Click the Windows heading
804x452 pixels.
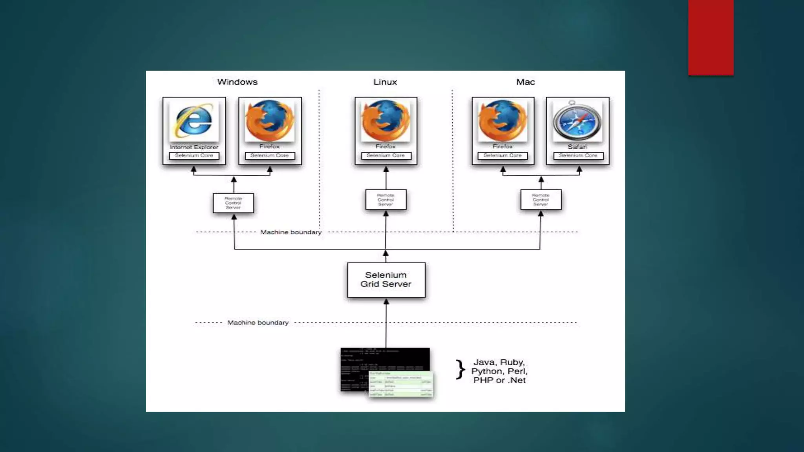tap(237, 82)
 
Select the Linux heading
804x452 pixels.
tap(385, 82)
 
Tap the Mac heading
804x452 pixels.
tap(525, 82)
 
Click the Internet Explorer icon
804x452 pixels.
tap(194, 120)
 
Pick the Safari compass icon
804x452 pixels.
tap(577, 121)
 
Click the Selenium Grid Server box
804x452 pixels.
tap(386, 280)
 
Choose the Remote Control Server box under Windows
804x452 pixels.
tap(233, 203)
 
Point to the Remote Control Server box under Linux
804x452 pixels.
tap(386, 200)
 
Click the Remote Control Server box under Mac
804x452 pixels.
tap(541, 200)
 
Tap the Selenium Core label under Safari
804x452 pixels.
tap(578, 156)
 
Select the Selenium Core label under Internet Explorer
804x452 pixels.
tap(194, 156)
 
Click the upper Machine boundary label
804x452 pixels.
tap(291, 232)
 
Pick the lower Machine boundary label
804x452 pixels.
tap(258, 323)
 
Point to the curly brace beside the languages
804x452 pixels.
tap(460, 370)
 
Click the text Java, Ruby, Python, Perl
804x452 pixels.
tap(499, 367)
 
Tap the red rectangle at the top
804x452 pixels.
tap(711, 37)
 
